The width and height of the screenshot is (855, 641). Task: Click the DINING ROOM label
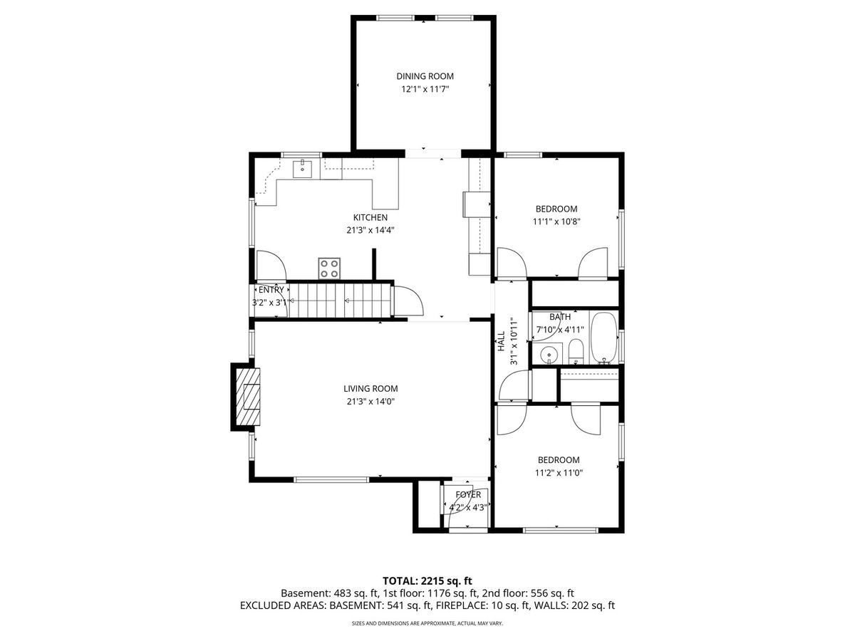pyautogui.click(x=425, y=76)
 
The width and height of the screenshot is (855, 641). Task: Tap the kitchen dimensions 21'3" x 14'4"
pyautogui.click(x=370, y=230)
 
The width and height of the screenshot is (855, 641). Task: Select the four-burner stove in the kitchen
pyautogui.click(x=329, y=269)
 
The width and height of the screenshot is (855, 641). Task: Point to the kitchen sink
pyautogui.click(x=302, y=168)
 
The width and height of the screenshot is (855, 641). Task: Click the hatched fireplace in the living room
pyautogui.click(x=248, y=397)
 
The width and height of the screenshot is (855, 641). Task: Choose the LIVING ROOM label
pyautogui.click(x=370, y=388)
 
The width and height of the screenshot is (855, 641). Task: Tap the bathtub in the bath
pyautogui.click(x=603, y=338)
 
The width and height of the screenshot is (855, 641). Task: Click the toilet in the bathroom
pyautogui.click(x=575, y=351)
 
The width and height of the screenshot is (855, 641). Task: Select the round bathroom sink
pyautogui.click(x=549, y=355)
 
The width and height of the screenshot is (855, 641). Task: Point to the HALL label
pyautogui.click(x=502, y=341)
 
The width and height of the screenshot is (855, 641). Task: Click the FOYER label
pyautogui.click(x=468, y=495)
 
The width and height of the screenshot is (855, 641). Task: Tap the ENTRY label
pyautogui.click(x=271, y=290)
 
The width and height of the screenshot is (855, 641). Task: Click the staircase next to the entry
pyautogui.click(x=340, y=301)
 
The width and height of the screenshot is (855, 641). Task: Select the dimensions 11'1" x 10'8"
pyautogui.click(x=556, y=222)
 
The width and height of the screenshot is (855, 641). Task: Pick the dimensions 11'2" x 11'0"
pyautogui.click(x=559, y=473)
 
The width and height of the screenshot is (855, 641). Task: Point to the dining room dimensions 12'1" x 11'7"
pyautogui.click(x=425, y=89)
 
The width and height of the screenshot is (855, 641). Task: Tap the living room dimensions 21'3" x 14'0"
pyautogui.click(x=370, y=401)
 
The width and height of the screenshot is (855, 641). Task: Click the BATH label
pyautogui.click(x=560, y=317)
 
